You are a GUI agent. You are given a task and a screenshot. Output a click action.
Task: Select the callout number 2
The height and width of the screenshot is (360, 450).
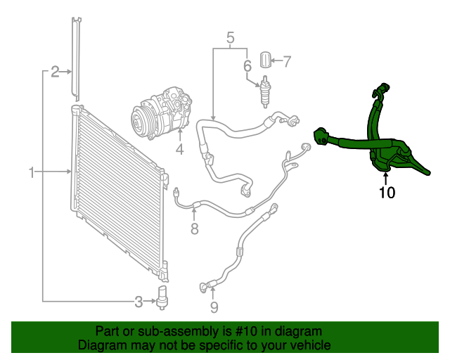54,71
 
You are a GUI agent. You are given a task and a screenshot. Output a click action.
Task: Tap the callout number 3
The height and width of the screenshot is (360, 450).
139,302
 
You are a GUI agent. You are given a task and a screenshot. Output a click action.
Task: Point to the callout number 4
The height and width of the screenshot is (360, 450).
179,149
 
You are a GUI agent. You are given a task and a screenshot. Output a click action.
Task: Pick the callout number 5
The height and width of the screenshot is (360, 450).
229,37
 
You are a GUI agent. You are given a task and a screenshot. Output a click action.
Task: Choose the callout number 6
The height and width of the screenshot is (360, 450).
247,67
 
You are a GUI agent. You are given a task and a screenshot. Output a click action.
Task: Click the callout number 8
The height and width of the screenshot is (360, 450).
195,229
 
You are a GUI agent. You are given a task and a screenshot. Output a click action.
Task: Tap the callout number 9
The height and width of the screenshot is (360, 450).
214,307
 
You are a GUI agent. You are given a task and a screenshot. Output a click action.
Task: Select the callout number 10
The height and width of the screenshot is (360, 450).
387,192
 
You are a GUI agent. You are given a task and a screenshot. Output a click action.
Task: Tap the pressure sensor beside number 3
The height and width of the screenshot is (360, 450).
165,298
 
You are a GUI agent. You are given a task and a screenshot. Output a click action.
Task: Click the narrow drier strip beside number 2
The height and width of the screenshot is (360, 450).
76,56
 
